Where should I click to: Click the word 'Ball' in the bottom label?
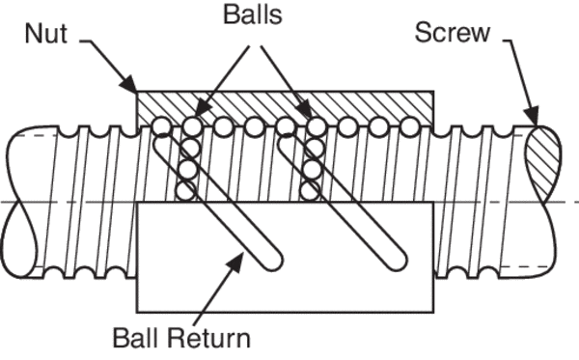[134, 339]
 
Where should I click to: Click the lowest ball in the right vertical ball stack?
[310, 190]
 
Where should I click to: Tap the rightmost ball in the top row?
[408, 125]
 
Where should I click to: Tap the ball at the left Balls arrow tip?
[194, 125]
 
